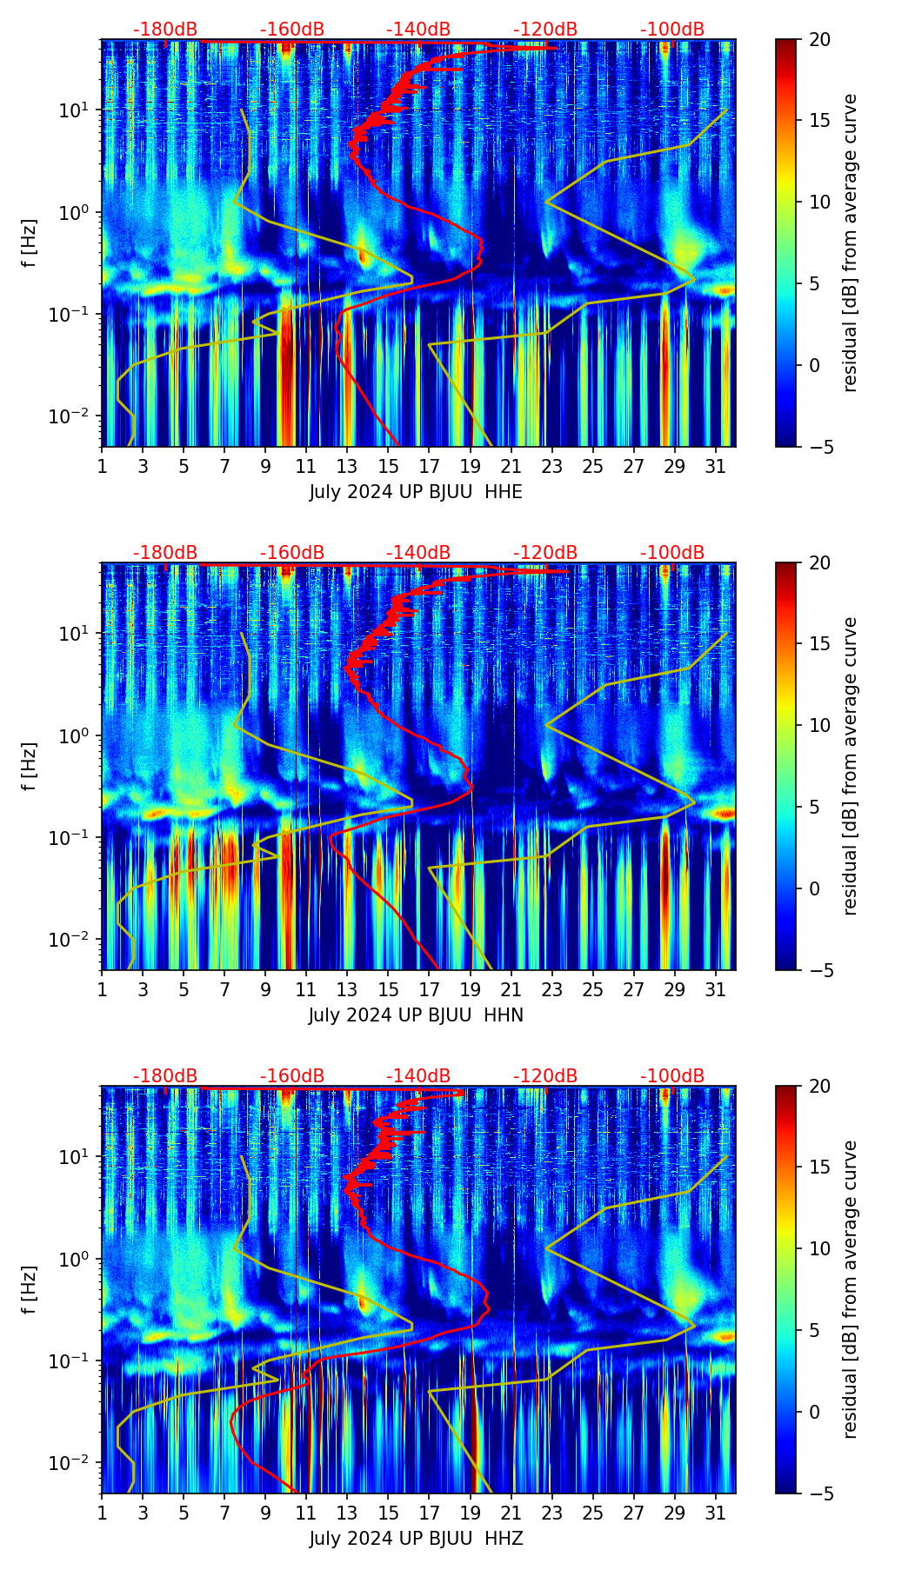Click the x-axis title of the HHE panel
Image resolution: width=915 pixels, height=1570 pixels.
point(416,492)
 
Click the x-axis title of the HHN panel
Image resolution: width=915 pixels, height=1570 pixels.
point(416,1015)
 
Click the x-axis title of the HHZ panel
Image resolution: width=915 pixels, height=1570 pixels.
point(416,1539)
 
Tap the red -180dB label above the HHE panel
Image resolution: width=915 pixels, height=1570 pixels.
point(165,30)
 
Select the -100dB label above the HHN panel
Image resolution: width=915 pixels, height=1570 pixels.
point(672,553)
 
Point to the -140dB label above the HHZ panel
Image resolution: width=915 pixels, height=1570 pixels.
point(418,1076)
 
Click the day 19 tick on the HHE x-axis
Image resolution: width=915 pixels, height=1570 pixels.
point(471,466)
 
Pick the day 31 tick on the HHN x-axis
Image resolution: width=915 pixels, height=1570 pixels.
point(716,989)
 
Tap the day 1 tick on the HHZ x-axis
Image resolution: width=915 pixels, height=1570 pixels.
point(103,1513)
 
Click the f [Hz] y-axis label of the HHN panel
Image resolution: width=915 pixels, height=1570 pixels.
point(30,766)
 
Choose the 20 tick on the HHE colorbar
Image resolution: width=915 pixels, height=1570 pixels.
point(819,39)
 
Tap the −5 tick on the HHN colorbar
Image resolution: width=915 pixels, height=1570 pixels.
point(819,969)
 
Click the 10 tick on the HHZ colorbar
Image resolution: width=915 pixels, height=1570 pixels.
point(819,1249)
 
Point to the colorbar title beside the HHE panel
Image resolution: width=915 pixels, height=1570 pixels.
point(850,243)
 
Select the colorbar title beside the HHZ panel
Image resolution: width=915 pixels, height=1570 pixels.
point(850,1289)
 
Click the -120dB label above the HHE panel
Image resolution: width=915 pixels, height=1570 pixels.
point(545,30)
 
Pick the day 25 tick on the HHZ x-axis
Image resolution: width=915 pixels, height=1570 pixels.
point(593,1513)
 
